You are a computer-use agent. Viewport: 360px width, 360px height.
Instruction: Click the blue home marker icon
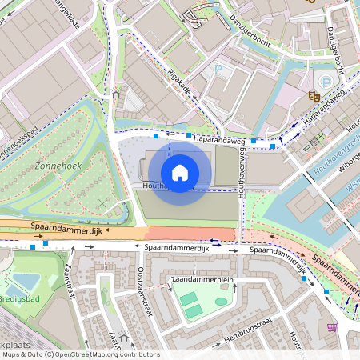click(x=180, y=172)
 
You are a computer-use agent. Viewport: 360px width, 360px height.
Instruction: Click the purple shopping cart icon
click(x=332, y=326)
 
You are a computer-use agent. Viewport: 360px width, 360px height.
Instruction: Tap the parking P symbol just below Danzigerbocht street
click(x=218, y=70)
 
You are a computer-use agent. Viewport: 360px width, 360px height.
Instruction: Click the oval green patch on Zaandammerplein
click(x=221, y=302)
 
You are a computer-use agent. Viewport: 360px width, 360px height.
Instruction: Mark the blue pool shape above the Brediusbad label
click(x=24, y=282)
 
